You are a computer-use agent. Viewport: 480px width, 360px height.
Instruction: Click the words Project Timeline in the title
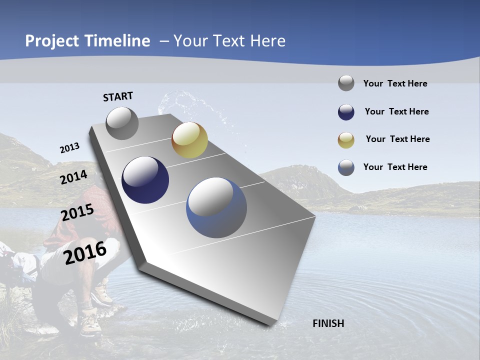tap(87, 41)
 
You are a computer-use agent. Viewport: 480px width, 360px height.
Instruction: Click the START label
tap(118, 96)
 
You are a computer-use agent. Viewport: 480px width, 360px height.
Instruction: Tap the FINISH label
tap(328, 323)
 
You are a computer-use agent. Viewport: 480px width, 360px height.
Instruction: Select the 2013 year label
tap(69, 148)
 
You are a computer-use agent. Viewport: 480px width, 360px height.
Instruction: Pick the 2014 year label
tap(73, 177)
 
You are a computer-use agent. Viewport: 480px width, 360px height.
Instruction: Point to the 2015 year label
tap(77, 212)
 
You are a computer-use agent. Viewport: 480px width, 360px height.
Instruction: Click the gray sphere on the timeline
tap(122, 123)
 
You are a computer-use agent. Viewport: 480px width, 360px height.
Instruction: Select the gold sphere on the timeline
tap(189, 140)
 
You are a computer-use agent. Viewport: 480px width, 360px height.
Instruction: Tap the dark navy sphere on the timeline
tap(145, 180)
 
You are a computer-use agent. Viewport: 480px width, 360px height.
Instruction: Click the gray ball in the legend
tap(346, 83)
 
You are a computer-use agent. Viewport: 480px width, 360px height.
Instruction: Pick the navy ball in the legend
tap(346, 112)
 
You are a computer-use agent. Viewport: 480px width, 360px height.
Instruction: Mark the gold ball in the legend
tap(346, 140)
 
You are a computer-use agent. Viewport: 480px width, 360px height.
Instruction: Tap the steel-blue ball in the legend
tap(346, 167)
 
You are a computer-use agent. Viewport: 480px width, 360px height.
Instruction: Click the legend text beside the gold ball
tap(397, 139)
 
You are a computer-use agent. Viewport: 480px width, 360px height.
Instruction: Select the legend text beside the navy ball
tap(396, 111)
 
